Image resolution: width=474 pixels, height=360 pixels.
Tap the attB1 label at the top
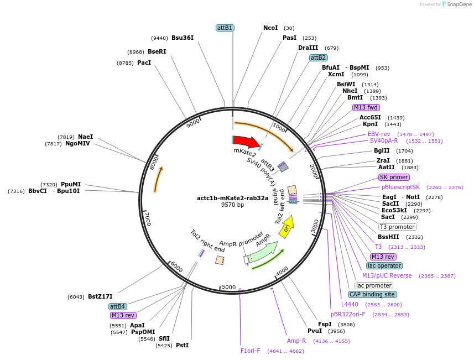coord(225,28)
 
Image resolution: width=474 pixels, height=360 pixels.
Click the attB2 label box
coord(318,58)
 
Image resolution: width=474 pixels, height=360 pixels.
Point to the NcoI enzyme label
coord(270,28)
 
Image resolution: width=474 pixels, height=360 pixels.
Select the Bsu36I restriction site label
coord(183,38)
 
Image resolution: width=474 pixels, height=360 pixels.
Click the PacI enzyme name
coord(144,63)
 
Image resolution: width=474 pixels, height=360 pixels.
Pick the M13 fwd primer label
coord(366,107)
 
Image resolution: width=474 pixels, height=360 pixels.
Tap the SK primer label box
coord(394,177)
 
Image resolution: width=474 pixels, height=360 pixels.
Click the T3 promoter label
coord(397,227)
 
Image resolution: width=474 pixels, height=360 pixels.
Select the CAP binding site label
coord(372,294)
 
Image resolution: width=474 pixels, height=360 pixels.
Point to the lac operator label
coord(384,265)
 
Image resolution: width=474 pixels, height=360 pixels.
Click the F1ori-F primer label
coord(250,351)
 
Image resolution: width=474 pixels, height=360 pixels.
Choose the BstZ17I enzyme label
coord(100,296)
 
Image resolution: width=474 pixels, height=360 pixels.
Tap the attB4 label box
coord(117,306)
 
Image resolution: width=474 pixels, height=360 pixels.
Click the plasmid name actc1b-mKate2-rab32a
coord(232,198)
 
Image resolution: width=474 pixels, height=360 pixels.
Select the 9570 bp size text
coord(232,205)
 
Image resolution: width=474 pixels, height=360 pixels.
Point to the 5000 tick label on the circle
coord(228,287)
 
